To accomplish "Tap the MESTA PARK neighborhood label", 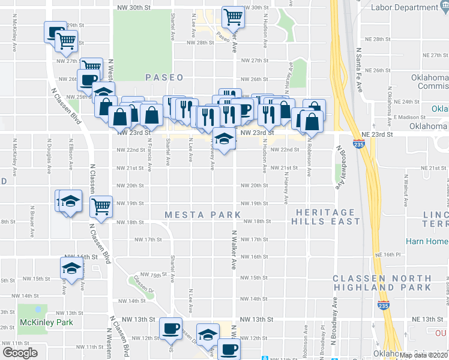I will tap(203, 215).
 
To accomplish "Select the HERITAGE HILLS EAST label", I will tap(326, 217).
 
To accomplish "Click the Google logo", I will tap(20, 353).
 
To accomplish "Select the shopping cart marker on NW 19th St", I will tap(100, 206).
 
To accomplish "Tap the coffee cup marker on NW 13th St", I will tap(170, 327).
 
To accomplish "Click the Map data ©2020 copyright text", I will tap(424, 355).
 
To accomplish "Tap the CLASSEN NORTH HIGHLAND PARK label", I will tap(382, 283).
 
